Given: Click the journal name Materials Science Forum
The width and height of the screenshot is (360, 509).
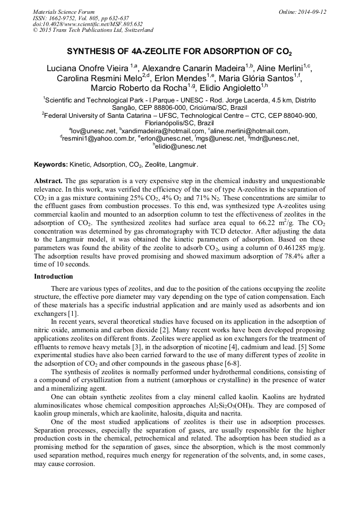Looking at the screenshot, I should tap(64, 11).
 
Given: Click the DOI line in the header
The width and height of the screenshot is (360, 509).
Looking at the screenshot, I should tap(88, 24).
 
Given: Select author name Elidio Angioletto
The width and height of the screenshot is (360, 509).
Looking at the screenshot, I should tap(229, 88).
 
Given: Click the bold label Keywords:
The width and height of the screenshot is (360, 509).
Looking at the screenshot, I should tap(50, 165).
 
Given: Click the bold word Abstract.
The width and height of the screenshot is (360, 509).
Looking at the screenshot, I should tap(48, 181).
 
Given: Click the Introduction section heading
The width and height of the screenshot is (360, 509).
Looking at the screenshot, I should tap(54, 277).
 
